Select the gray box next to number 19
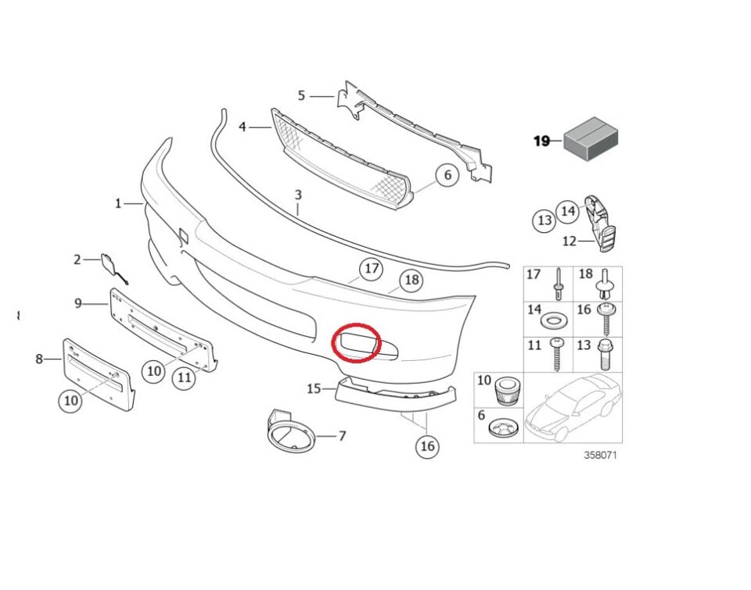point(591,140)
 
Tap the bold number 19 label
point(541,141)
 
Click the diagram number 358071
point(601,456)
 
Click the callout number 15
point(314,388)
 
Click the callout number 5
point(301,96)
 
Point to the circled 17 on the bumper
point(371,270)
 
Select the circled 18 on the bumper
point(411,280)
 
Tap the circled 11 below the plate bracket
point(184,378)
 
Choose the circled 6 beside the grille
point(447,175)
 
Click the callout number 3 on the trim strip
point(298,194)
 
